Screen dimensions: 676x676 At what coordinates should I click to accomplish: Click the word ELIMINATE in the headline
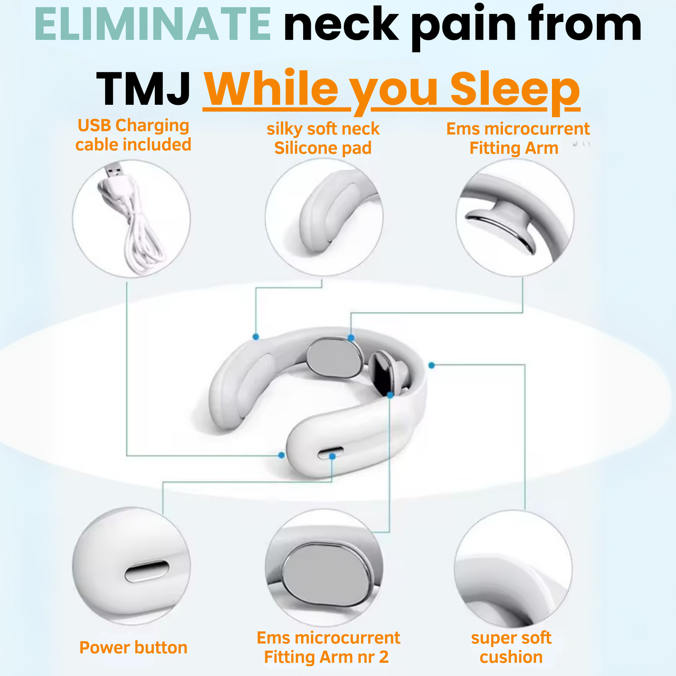point(153,24)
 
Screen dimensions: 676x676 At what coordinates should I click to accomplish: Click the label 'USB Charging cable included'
point(133,135)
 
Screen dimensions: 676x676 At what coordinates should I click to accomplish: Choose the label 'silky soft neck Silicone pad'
point(323,138)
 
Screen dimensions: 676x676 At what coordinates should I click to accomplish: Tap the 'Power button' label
point(133,647)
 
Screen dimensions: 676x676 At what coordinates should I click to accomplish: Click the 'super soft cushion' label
point(511,647)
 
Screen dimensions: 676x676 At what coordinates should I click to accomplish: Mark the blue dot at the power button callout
point(332,456)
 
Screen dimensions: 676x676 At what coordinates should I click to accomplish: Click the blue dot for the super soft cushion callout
point(431,365)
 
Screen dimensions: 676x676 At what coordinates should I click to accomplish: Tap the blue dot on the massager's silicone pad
point(255,336)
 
